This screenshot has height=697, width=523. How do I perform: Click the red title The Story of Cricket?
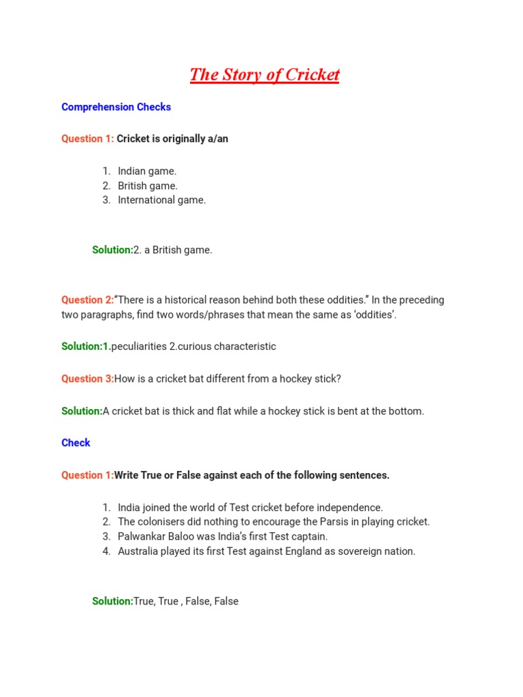pos(264,75)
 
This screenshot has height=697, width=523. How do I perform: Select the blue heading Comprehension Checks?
pos(116,107)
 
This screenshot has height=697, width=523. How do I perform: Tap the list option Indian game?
pos(146,172)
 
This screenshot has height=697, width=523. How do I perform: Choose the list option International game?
pos(161,200)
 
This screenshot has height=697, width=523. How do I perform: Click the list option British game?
pos(147,186)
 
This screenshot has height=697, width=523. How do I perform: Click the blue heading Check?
pos(76,443)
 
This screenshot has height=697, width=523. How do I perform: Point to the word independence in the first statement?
pos(347,508)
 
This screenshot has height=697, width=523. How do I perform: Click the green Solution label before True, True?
pos(112,602)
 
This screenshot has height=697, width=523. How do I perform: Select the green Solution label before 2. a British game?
pos(112,250)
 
